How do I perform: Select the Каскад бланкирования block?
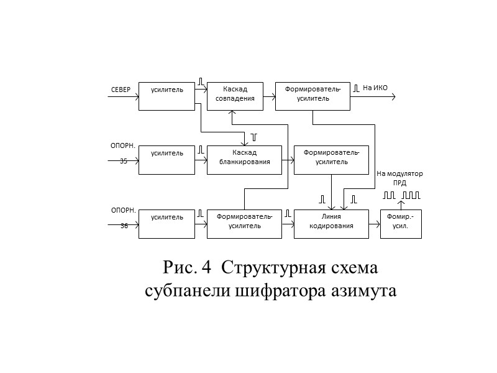click(x=244, y=158)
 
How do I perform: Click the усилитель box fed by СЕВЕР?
click(x=167, y=96)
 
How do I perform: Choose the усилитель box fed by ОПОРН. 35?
click(x=167, y=159)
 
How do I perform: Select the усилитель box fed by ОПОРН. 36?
click(x=167, y=223)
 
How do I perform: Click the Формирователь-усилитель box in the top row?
click(x=312, y=96)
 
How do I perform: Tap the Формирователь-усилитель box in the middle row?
click(x=331, y=159)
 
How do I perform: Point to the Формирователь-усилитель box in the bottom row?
click(x=244, y=223)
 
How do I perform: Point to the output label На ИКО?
click(x=375, y=88)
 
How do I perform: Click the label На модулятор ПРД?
click(x=399, y=178)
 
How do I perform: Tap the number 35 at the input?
click(x=124, y=161)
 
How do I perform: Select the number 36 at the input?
click(x=124, y=226)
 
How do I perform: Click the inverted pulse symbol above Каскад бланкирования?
click(x=253, y=136)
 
